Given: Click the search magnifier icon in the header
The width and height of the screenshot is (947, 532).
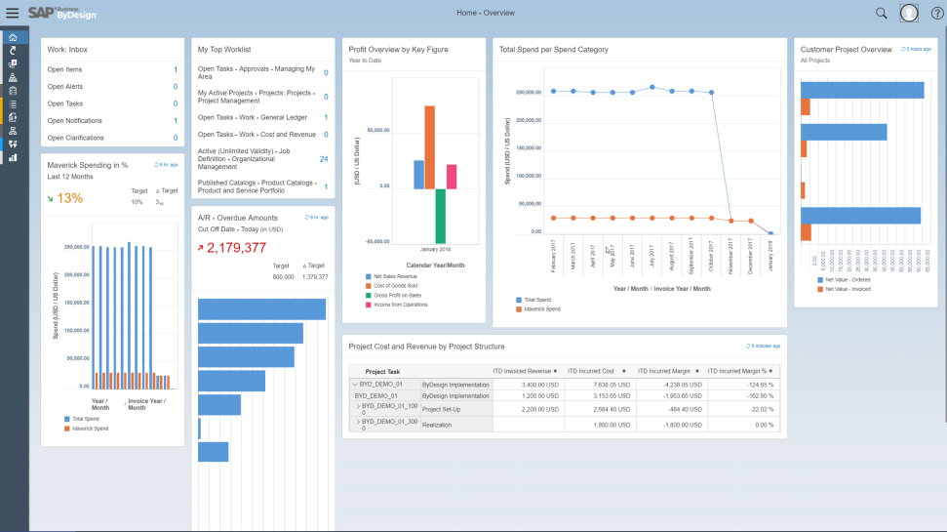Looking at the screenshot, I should pos(881,13).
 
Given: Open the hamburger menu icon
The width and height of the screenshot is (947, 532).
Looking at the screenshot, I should pos(12,13).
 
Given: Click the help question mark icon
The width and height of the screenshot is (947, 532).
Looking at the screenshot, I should pos(936,13).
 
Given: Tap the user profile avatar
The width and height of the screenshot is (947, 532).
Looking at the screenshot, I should pos(909,13).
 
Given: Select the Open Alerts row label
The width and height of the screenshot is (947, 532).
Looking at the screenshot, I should pos(64,87).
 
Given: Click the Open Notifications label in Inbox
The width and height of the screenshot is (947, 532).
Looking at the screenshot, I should pos(75,121).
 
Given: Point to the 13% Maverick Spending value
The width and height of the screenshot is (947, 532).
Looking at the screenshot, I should pos(69,198).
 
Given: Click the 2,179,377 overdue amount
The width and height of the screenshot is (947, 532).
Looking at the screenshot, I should pos(237,247).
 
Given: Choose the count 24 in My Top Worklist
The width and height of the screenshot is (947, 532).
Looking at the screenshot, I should pos(323,158).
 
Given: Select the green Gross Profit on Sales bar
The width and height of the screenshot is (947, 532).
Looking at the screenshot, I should pos(440,215).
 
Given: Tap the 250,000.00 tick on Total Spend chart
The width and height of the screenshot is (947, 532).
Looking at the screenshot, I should pos(528,93).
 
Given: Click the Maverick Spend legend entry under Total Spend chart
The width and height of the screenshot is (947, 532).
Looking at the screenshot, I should pos(541,308).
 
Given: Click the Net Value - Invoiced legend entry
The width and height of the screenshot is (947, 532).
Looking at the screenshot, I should pos(847,289).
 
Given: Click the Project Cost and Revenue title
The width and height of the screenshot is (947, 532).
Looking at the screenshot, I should pos(426,347).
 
